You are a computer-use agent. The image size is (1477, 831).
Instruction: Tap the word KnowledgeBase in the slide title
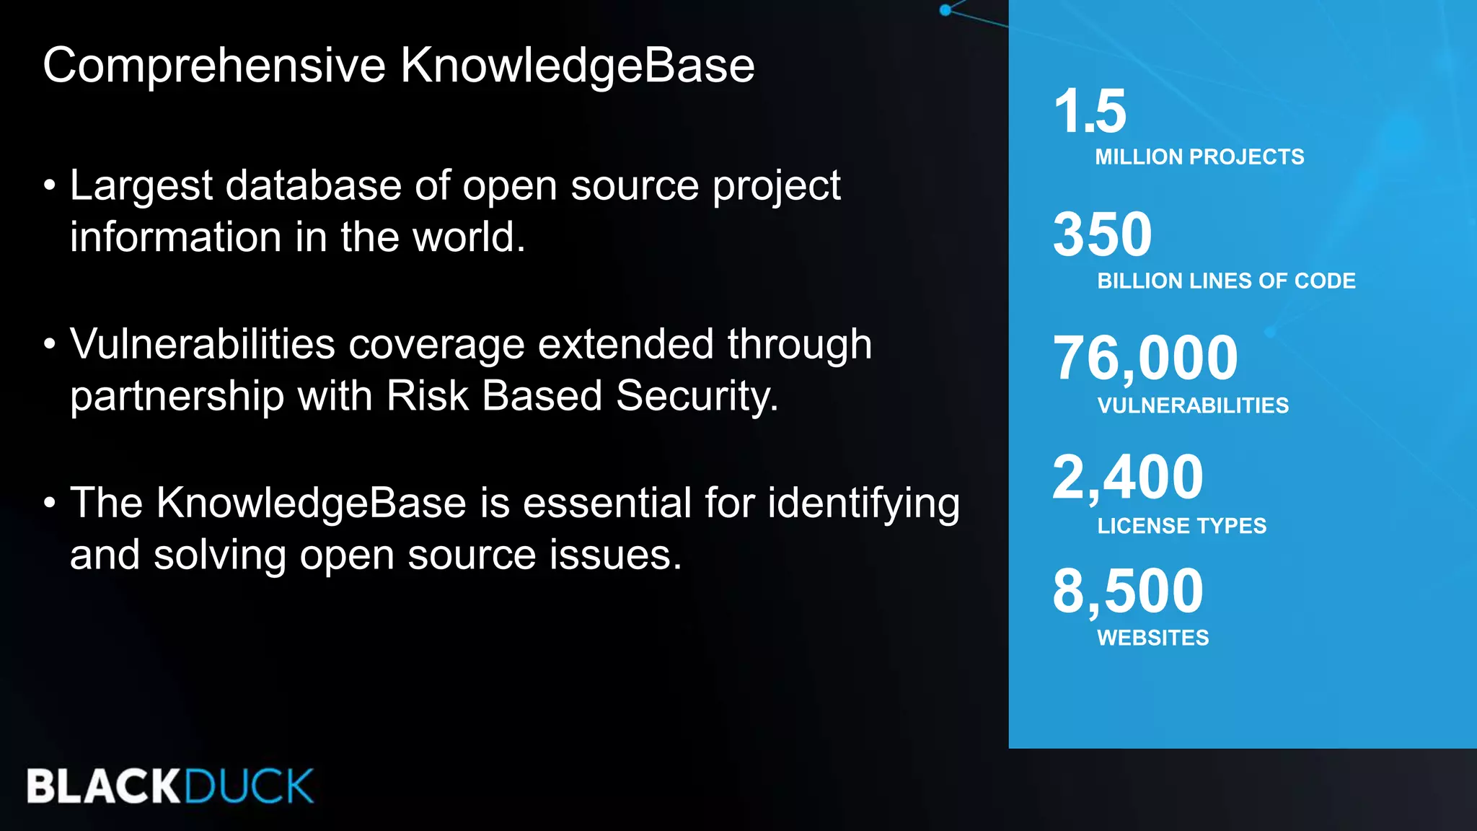click(x=578, y=65)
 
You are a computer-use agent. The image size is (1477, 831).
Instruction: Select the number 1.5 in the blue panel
click(x=1090, y=111)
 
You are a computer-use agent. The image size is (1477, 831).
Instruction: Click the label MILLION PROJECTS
click(x=1199, y=157)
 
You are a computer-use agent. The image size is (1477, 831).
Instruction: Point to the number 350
click(x=1103, y=234)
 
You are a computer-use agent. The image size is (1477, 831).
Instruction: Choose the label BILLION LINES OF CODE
click(x=1226, y=281)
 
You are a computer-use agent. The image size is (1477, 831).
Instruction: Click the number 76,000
click(x=1145, y=358)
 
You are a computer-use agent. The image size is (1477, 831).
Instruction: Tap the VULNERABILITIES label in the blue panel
click(x=1193, y=405)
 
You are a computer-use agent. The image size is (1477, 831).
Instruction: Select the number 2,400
click(x=1128, y=477)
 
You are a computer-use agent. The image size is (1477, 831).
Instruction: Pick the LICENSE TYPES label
click(x=1181, y=526)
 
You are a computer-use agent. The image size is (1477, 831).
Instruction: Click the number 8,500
click(x=1128, y=591)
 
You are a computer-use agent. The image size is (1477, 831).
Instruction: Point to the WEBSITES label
click(x=1152, y=638)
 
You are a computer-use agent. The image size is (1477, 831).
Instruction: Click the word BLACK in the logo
click(x=103, y=786)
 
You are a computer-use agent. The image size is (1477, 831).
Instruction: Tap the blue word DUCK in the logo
click(x=249, y=786)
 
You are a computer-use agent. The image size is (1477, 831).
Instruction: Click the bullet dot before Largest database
click(x=49, y=185)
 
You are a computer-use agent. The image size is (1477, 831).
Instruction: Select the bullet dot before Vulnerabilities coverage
click(x=49, y=344)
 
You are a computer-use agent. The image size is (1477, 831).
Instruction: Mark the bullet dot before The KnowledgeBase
click(x=49, y=503)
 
